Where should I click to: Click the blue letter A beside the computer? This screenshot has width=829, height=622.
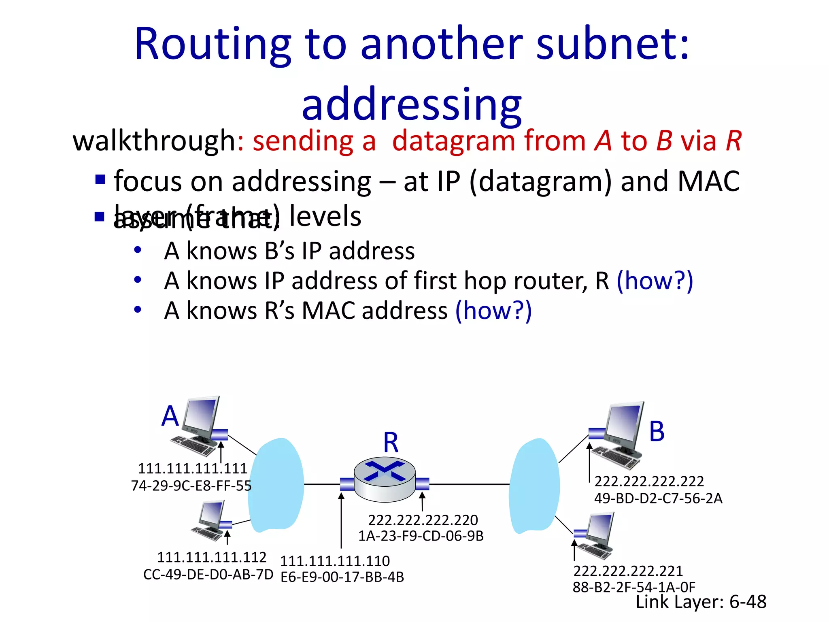170,416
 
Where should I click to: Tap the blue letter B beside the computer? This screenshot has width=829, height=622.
657,432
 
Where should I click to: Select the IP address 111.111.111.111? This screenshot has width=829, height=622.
192,469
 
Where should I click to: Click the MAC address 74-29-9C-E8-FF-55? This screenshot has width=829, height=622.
191,486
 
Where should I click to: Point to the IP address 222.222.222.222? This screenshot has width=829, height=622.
649,481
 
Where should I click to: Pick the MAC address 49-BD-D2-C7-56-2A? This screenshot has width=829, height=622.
658,498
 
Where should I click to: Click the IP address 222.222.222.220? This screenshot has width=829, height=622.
423,520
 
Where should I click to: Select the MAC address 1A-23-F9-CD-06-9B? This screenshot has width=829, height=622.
421,536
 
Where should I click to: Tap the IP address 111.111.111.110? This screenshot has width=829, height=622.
335,561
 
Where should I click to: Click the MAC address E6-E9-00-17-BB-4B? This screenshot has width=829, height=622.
342,577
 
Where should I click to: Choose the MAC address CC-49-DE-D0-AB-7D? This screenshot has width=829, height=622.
208,575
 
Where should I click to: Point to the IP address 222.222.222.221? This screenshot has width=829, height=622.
628,571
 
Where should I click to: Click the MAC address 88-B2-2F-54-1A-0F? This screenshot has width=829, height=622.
634,587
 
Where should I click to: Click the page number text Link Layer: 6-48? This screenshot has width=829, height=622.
701,602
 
